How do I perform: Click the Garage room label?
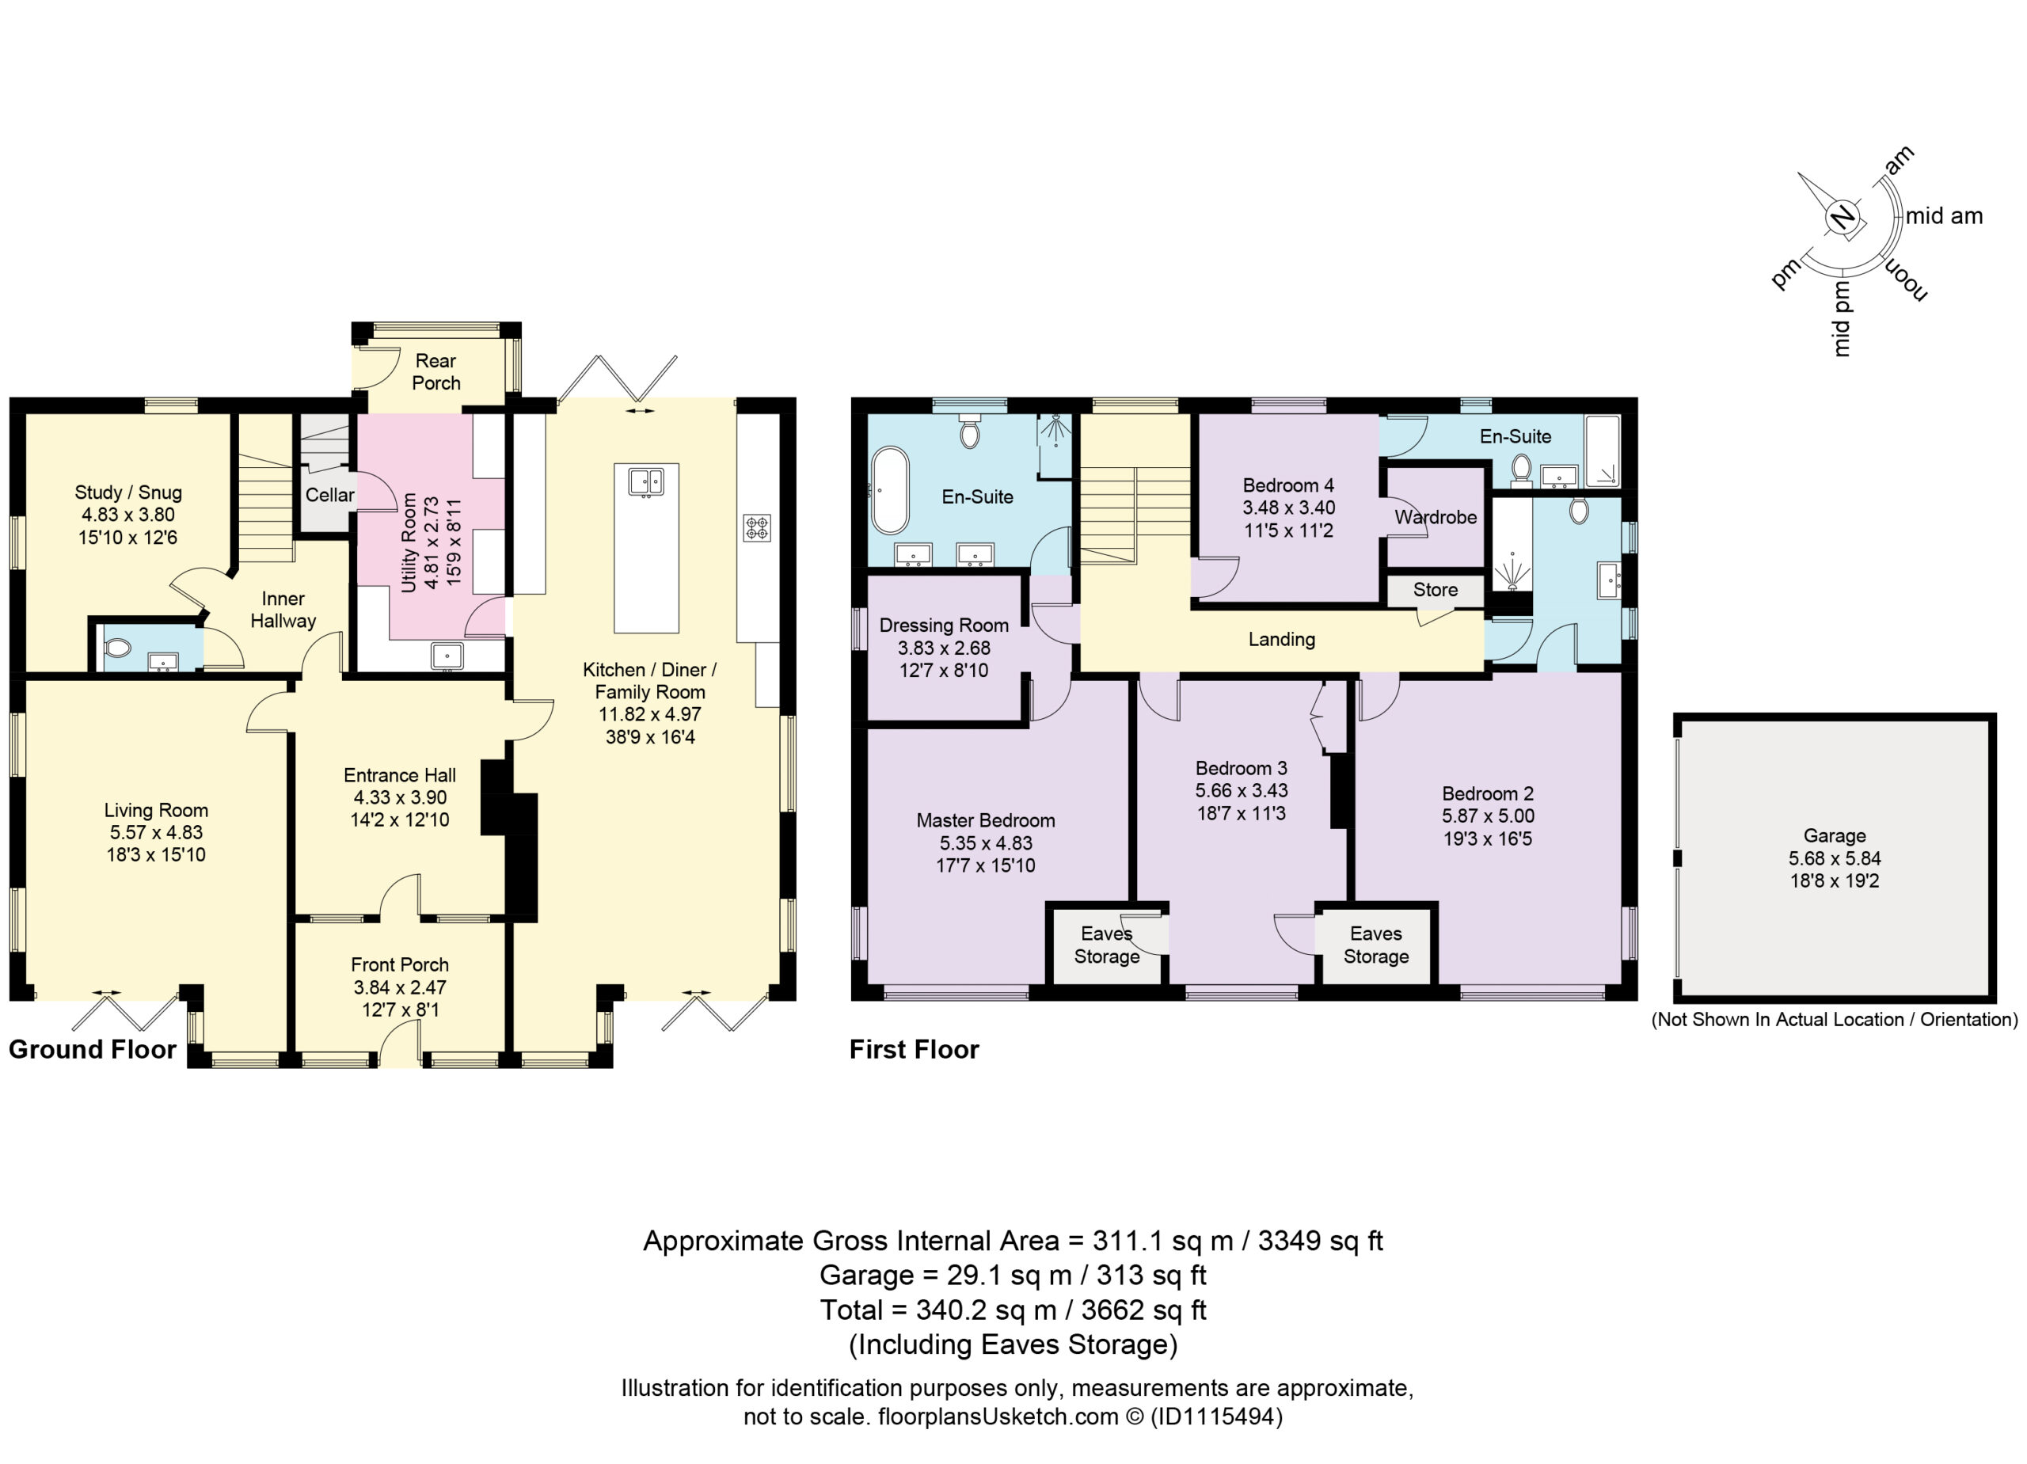(1834, 835)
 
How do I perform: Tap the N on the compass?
(1841, 218)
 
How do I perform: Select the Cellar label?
(330, 495)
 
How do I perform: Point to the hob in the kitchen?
(757, 527)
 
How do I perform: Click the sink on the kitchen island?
(645, 483)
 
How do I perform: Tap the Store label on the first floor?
(1436, 590)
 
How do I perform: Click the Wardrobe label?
(1436, 518)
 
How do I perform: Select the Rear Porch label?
(436, 372)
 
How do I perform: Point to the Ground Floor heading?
(92, 1049)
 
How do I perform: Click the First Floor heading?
(915, 1049)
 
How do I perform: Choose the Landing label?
(1282, 639)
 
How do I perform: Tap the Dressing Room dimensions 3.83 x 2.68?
(944, 648)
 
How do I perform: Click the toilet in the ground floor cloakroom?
(117, 647)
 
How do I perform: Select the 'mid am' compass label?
(1944, 216)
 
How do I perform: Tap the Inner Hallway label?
(283, 610)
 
